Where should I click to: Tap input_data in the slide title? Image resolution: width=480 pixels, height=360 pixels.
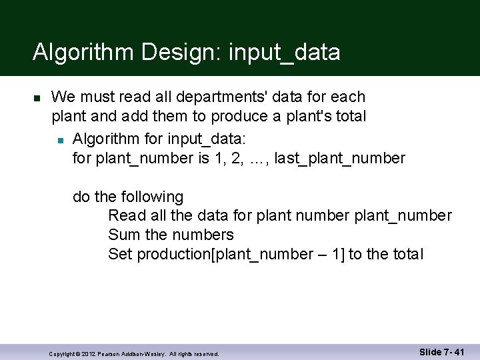pyautogui.click(x=284, y=52)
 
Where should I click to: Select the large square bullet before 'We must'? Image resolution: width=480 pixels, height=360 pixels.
pyautogui.click(x=37, y=98)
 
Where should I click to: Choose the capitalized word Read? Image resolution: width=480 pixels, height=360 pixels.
pyautogui.click(x=125, y=215)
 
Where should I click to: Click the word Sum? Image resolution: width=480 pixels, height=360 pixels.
pyautogui.click(x=124, y=235)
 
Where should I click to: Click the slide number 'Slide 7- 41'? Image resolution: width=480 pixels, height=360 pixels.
pyautogui.click(x=441, y=351)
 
